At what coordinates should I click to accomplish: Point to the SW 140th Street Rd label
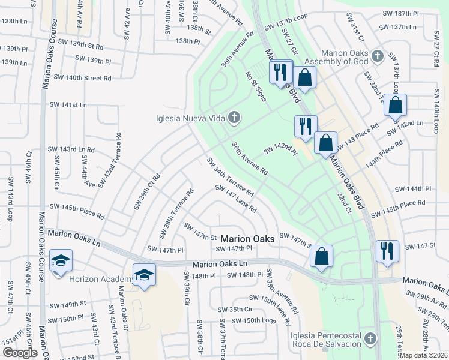coord(82,77)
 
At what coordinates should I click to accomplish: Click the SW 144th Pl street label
coord(412,189)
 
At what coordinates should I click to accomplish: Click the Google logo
coord(19,353)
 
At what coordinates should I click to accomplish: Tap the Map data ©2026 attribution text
coord(424,355)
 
